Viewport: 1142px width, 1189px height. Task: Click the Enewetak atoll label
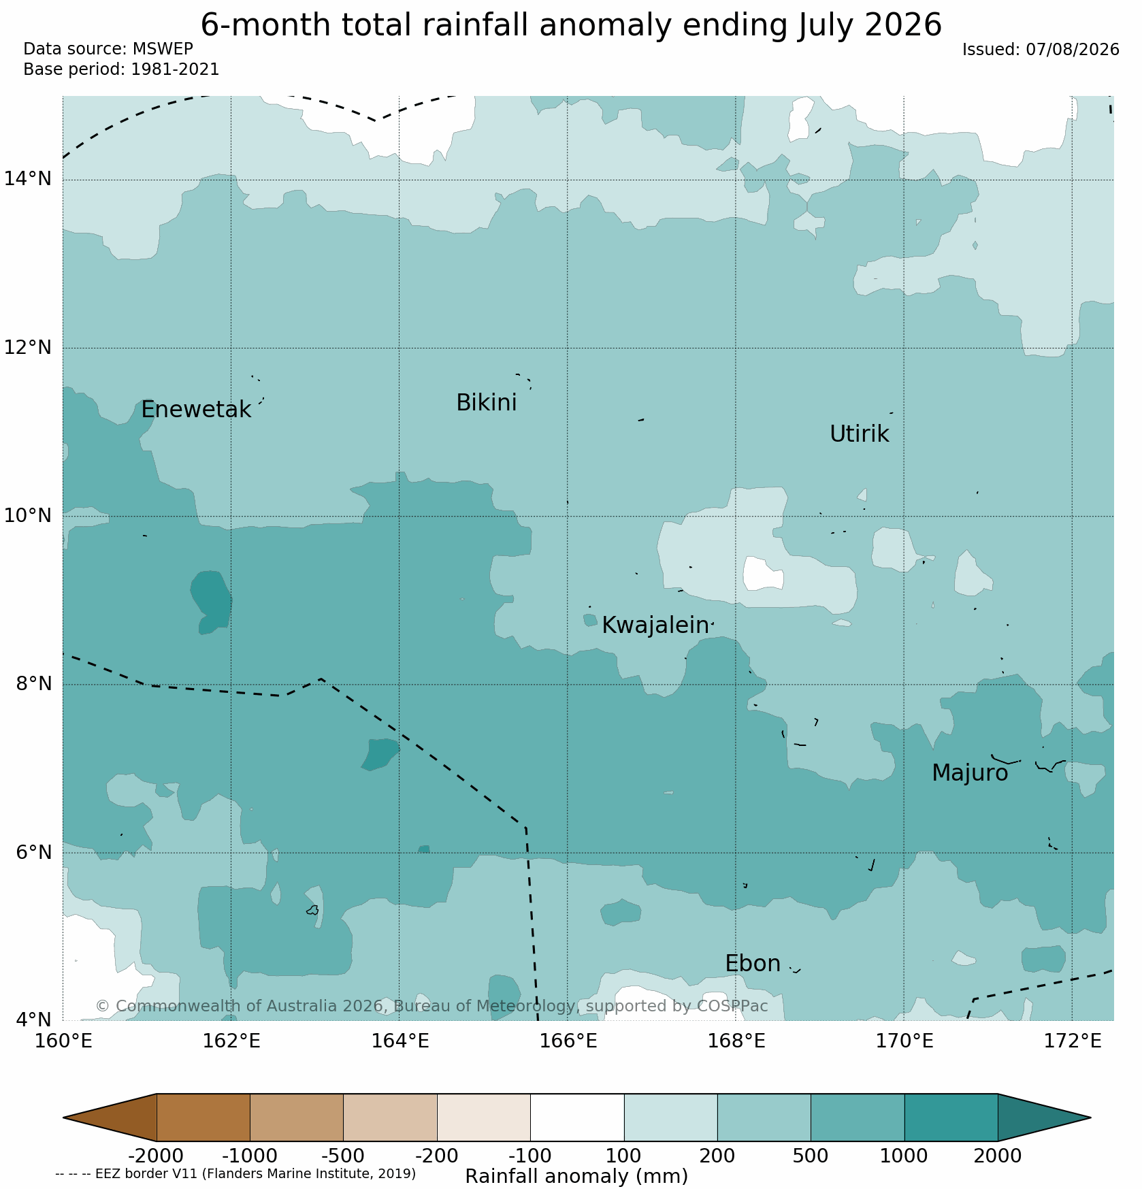pyautogui.click(x=196, y=410)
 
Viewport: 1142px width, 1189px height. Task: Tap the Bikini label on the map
pyautogui.click(x=486, y=403)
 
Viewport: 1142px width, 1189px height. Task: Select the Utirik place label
pyautogui.click(x=859, y=434)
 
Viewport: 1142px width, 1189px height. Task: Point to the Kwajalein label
pyautogui.click(x=655, y=625)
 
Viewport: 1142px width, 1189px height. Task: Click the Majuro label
pyautogui.click(x=970, y=773)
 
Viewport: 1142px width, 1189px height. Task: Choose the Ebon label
pyautogui.click(x=753, y=964)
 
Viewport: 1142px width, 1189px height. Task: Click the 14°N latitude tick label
pyautogui.click(x=28, y=179)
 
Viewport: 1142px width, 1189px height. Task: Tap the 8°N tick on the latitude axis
pyautogui.click(x=33, y=683)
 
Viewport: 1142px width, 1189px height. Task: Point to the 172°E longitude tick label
pyautogui.click(x=1072, y=1041)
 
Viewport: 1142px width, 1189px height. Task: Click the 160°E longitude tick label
pyautogui.click(x=63, y=1041)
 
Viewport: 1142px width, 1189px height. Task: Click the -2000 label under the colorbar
pyautogui.click(x=156, y=1156)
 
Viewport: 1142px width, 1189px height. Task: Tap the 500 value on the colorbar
pyautogui.click(x=811, y=1156)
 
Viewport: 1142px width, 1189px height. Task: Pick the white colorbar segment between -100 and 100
pyautogui.click(x=577, y=1117)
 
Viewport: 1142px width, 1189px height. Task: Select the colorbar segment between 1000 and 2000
pyautogui.click(x=951, y=1117)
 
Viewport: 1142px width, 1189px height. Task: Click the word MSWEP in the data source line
pyautogui.click(x=163, y=49)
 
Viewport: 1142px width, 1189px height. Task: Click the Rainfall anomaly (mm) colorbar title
pyautogui.click(x=576, y=1176)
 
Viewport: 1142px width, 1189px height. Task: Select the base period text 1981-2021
pyautogui.click(x=176, y=69)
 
